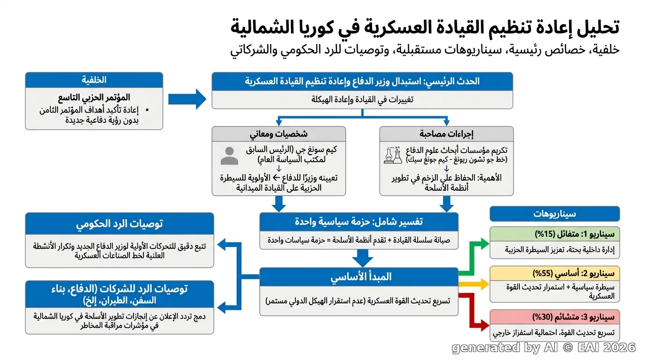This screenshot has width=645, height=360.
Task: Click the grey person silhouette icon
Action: (229, 156)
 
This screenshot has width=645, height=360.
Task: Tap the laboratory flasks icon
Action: (393, 155)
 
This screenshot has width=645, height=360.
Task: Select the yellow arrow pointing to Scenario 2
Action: (474, 284)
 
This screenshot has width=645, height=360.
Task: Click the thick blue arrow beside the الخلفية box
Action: (187, 99)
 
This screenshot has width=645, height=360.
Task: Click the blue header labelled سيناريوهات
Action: (555, 214)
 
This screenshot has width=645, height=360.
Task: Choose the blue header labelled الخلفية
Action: (94, 80)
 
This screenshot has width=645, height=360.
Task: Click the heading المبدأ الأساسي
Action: (361, 277)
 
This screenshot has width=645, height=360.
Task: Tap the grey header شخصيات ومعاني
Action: (279, 134)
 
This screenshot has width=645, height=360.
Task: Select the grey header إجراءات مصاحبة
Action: (446, 134)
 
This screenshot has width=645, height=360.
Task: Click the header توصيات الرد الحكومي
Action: (120, 224)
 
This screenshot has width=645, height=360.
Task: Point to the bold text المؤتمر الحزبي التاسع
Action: (94, 97)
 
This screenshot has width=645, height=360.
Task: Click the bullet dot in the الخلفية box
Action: (148, 110)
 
